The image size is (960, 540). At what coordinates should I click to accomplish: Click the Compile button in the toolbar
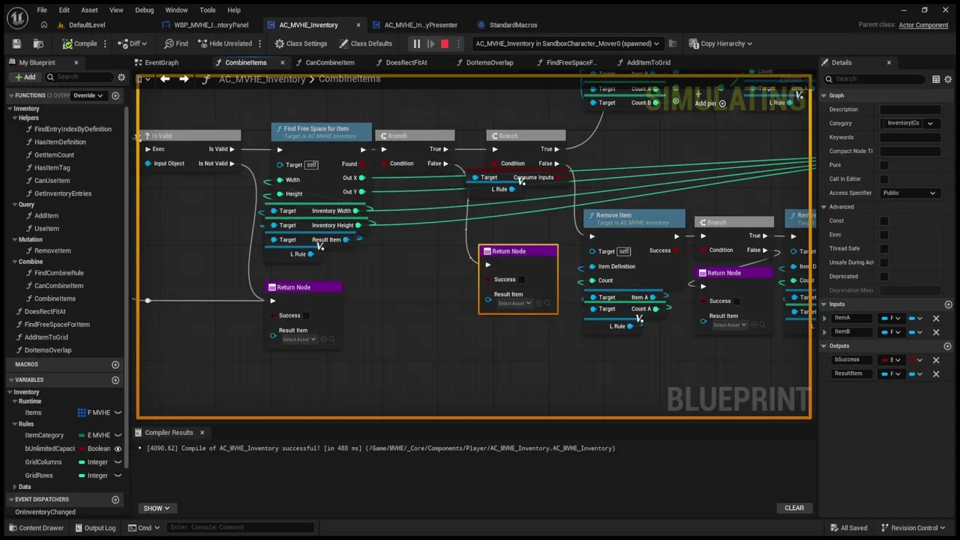[x=80, y=43]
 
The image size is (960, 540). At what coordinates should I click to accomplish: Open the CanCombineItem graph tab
[x=329, y=62]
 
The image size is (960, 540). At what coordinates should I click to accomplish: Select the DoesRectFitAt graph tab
[x=406, y=62]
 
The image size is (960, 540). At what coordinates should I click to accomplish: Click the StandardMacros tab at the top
[x=513, y=25]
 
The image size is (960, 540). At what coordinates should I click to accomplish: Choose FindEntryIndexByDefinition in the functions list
[x=73, y=129]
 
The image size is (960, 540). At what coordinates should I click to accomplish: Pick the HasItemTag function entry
[x=52, y=168]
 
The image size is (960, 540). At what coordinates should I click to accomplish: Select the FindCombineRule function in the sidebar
[x=58, y=273]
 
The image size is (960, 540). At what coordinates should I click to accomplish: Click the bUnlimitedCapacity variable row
[x=50, y=448]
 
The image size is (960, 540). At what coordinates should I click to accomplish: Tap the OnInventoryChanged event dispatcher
[x=45, y=511]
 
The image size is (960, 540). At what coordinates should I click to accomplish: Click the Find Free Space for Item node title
[x=316, y=129]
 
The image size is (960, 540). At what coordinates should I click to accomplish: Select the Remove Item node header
[x=613, y=216]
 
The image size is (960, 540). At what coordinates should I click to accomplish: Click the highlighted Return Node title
[x=508, y=251]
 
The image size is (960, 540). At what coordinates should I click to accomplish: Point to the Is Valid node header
[x=162, y=136]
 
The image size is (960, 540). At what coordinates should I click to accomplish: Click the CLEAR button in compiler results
[x=793, y=508]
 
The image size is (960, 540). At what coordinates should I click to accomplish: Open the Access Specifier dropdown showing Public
[x=909, y=193]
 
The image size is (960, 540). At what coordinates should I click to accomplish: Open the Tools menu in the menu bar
[x=207, y=10]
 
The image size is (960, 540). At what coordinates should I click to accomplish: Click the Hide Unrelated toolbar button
[x=224, y=43]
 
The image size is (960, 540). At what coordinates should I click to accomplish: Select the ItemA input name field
[x=851, y=318]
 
